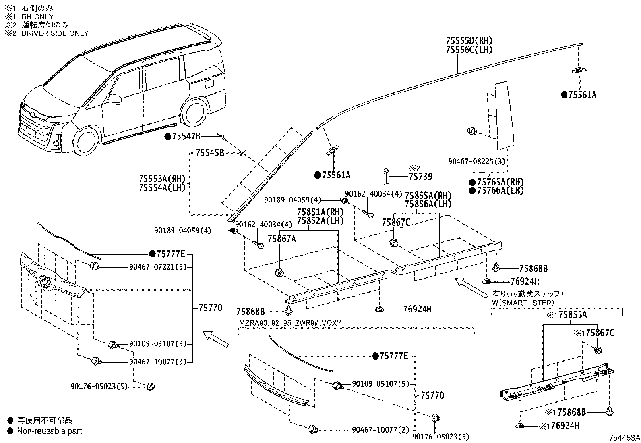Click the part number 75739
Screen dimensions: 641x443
point(420,177)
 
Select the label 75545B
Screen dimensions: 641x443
point(210,153)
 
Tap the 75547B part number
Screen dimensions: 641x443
point(186,137)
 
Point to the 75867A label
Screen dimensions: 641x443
point(282,239)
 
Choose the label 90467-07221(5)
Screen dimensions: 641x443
point(158,267)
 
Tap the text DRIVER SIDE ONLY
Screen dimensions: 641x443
point(55,33)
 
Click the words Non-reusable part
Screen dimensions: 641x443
point(50,431)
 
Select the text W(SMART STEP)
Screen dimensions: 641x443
point(523,303)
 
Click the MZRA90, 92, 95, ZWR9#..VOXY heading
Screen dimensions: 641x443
point(290,323)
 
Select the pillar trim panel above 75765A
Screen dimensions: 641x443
point(505,115)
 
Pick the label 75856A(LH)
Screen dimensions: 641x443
point(428,204)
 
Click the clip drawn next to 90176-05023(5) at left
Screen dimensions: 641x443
point(151,387)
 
